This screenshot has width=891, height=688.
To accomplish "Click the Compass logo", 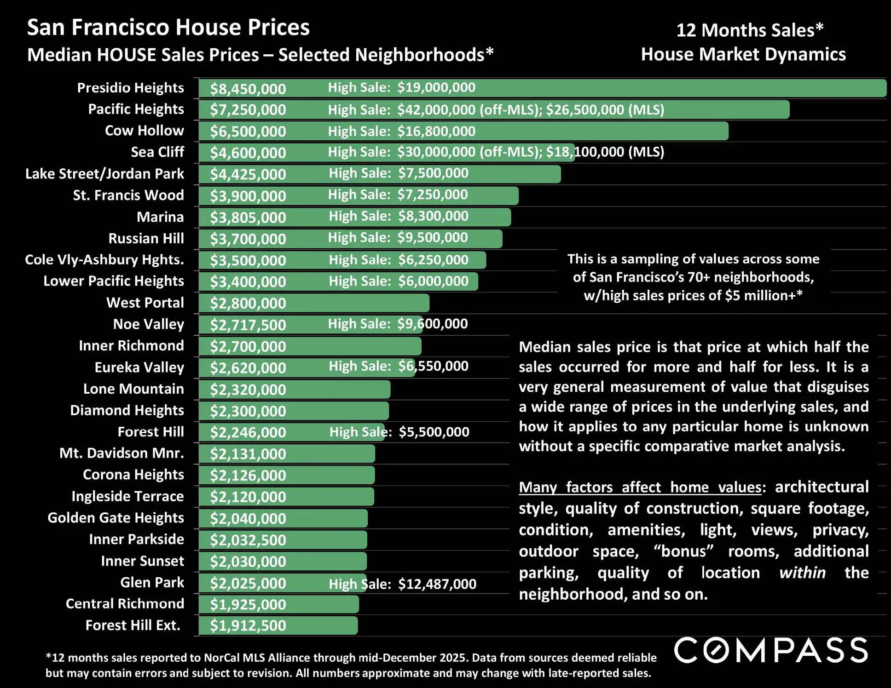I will coord(771,650).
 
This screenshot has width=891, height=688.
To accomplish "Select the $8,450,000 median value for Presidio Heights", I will coord(248,89).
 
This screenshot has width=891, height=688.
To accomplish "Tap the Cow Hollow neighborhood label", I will coord(144,131).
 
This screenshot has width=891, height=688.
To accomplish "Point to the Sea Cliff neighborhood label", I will coord(157,152).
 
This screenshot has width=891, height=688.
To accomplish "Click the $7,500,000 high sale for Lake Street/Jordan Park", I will coord(433,173).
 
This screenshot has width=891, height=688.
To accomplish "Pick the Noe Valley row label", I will coord(148,324).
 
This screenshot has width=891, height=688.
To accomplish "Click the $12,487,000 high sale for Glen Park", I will coord(437,584).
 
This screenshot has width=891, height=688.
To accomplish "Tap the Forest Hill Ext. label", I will coord(133,625).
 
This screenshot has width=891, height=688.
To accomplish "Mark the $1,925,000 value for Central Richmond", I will coord(248,604).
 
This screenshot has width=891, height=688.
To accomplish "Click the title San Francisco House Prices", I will coord(168,28).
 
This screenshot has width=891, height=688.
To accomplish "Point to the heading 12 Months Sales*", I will coord(749,30).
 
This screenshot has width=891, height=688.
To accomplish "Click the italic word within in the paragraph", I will coord(802,573).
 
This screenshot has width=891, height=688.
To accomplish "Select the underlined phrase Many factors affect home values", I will coord(640,487).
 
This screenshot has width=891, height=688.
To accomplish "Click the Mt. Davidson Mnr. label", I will coord(121,453).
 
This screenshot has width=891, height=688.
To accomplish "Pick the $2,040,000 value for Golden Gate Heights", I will coord(248,518).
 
